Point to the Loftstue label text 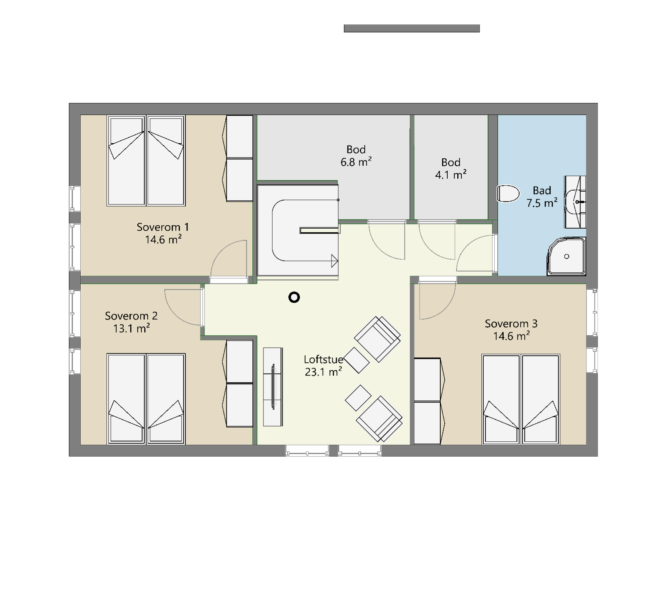(323, 359)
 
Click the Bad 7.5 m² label (542, 196)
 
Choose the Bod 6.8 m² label (356, 155)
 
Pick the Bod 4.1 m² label (451, 168)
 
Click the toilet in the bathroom (508, 193)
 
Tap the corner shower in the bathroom (566, 256)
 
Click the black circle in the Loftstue (294, 297)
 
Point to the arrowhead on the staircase (335, 261)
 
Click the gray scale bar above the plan (412, 28)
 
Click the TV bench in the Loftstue (273, 387)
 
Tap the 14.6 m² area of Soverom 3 (511, 336)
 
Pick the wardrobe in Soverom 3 (428, 401)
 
